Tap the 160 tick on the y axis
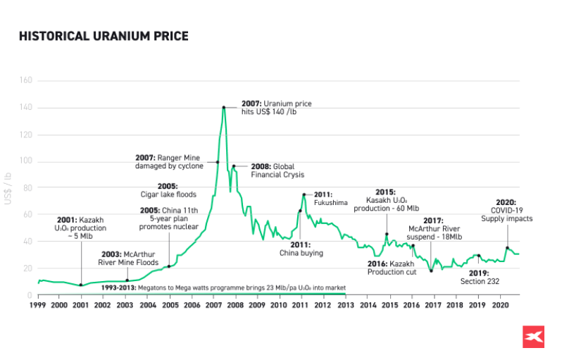pos(27,80)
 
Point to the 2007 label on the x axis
pos(213,306)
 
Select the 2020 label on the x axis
pos(499,306)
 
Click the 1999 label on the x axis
pos(38,306)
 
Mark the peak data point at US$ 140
pos(224,107)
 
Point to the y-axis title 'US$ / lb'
pos(8,188)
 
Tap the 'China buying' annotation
pos(301,248)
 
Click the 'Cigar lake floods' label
pos(168,190)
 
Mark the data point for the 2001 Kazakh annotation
pos(81,285)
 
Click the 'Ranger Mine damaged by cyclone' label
pos(170,161)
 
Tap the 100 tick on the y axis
pos(27,161)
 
